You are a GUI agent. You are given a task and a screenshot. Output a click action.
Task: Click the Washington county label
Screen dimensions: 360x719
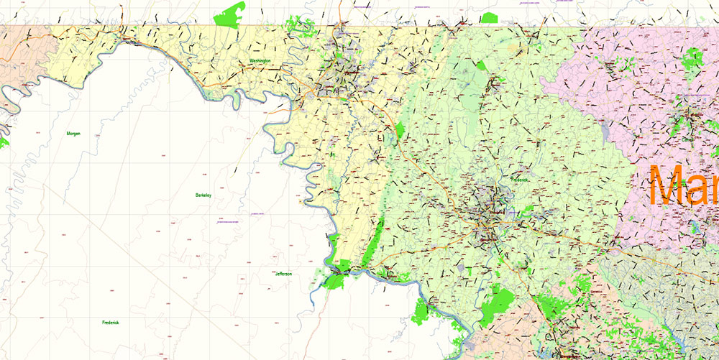point(260,61)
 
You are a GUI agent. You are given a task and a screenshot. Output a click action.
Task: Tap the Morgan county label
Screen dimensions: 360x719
point(73,134)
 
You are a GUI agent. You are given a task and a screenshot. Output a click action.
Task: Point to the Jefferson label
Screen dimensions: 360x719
point(283,274)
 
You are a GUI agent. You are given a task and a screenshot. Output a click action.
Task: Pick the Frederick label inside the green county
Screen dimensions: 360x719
point(519,180)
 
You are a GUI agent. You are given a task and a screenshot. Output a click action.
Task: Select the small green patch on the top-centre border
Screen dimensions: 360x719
point(490,17)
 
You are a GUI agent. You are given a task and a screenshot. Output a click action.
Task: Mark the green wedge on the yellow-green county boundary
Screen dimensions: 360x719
point(400,130)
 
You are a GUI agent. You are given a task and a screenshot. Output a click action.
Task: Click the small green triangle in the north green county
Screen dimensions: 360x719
point(480,65)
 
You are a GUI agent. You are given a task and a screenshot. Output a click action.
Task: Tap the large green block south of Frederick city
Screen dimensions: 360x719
point(499,303)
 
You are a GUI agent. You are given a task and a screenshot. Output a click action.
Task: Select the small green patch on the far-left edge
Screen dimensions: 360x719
point(4,143)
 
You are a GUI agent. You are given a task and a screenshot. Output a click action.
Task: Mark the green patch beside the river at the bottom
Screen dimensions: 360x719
point(422,310)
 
